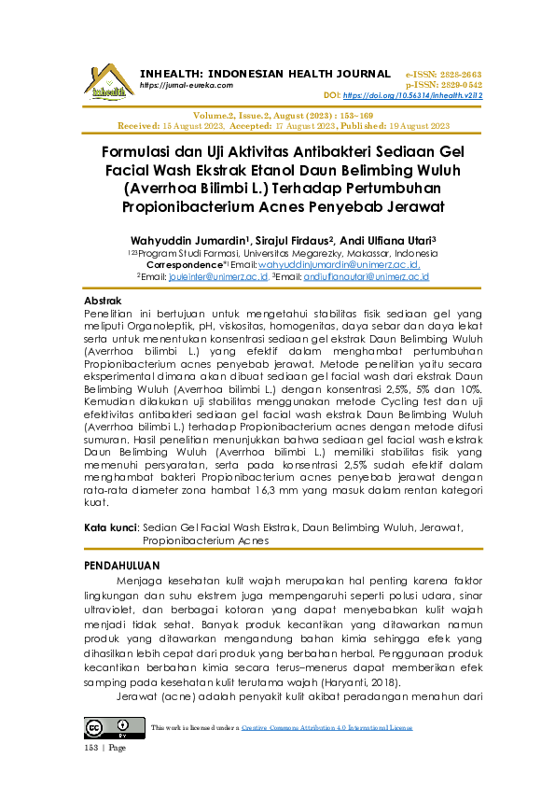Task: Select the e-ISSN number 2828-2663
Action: pyautogui.click(x=459, y=73)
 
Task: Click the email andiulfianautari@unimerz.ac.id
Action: pyautogui.click(x=359, y=276)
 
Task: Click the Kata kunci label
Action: pyautogui.click(x=111, y=527)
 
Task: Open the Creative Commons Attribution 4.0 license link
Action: pyautogui.click(x=326, y=727)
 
